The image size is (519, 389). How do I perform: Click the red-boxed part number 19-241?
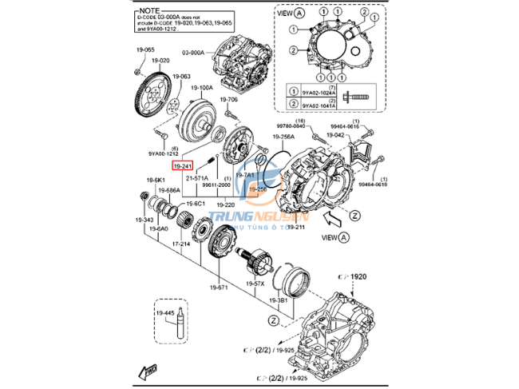click(183, 165)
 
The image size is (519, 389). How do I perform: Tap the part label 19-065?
click(144, 50)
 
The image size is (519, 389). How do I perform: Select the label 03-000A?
click(194, 51)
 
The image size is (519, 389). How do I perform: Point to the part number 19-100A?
click(202, 87)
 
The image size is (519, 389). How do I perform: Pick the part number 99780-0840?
click(291, 126)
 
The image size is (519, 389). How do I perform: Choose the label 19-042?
click(335, 135)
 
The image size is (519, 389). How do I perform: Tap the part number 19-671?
click(220, 287)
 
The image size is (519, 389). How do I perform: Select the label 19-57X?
click(256, 284)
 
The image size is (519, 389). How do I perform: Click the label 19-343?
click(145, 219)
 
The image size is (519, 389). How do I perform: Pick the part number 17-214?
click(180, 243)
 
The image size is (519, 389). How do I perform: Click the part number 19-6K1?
click(155, 181)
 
